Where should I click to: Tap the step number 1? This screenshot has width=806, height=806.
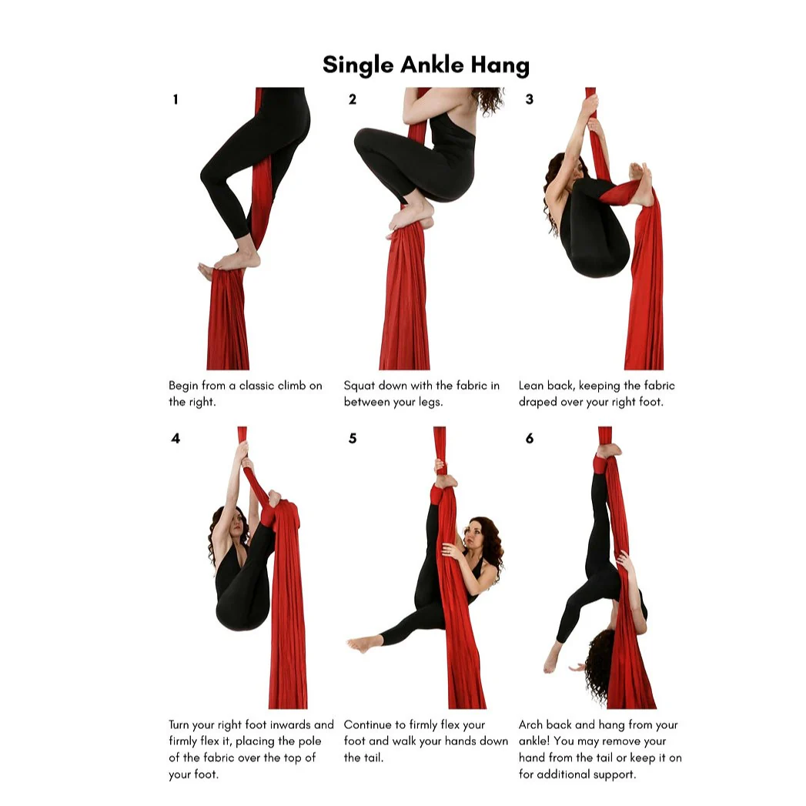pyautogui.click(x=176, y=99)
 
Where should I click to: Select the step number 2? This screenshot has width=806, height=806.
pyautogui.click(x=353, y=99)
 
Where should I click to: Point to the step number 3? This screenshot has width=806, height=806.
pyautogui.click(x=529, y=99)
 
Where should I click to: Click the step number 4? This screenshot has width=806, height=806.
pyautogui.click(x=176, y=439)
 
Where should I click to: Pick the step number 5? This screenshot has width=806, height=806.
pyautogui.click(x=353, y=439)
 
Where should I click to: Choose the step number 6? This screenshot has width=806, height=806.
pyautogui.click(x=529, y=439)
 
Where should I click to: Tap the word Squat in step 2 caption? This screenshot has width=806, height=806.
pyautogui.click(x=360, y=386)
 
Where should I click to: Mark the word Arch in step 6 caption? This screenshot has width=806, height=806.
pyautogui.click(x=531, y=725)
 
